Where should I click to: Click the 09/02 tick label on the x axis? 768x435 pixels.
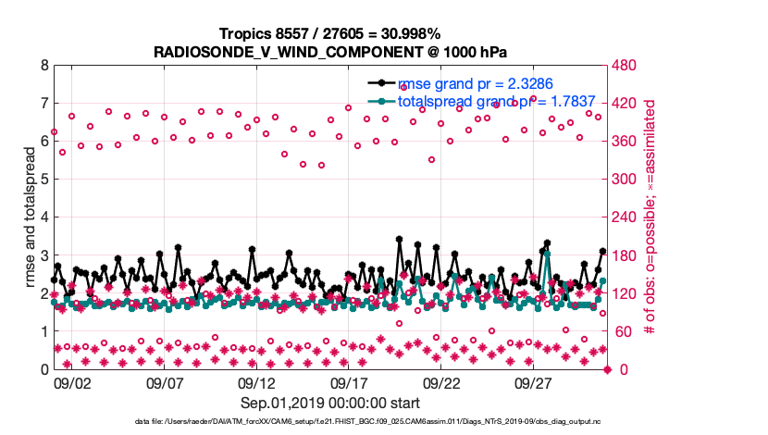71,382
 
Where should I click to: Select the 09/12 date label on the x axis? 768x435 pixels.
256,382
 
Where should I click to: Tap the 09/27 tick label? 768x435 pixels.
534,382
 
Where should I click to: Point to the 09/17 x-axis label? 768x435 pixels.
349,382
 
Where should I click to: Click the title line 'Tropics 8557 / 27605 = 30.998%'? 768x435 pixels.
330,34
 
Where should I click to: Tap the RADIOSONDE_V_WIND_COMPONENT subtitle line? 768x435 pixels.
330,52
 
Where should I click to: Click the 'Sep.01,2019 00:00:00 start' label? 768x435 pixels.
330,404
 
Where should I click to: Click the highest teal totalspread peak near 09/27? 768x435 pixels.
547,253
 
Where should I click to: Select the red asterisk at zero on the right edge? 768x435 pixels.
608,369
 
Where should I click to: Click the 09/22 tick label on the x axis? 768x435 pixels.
441,382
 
